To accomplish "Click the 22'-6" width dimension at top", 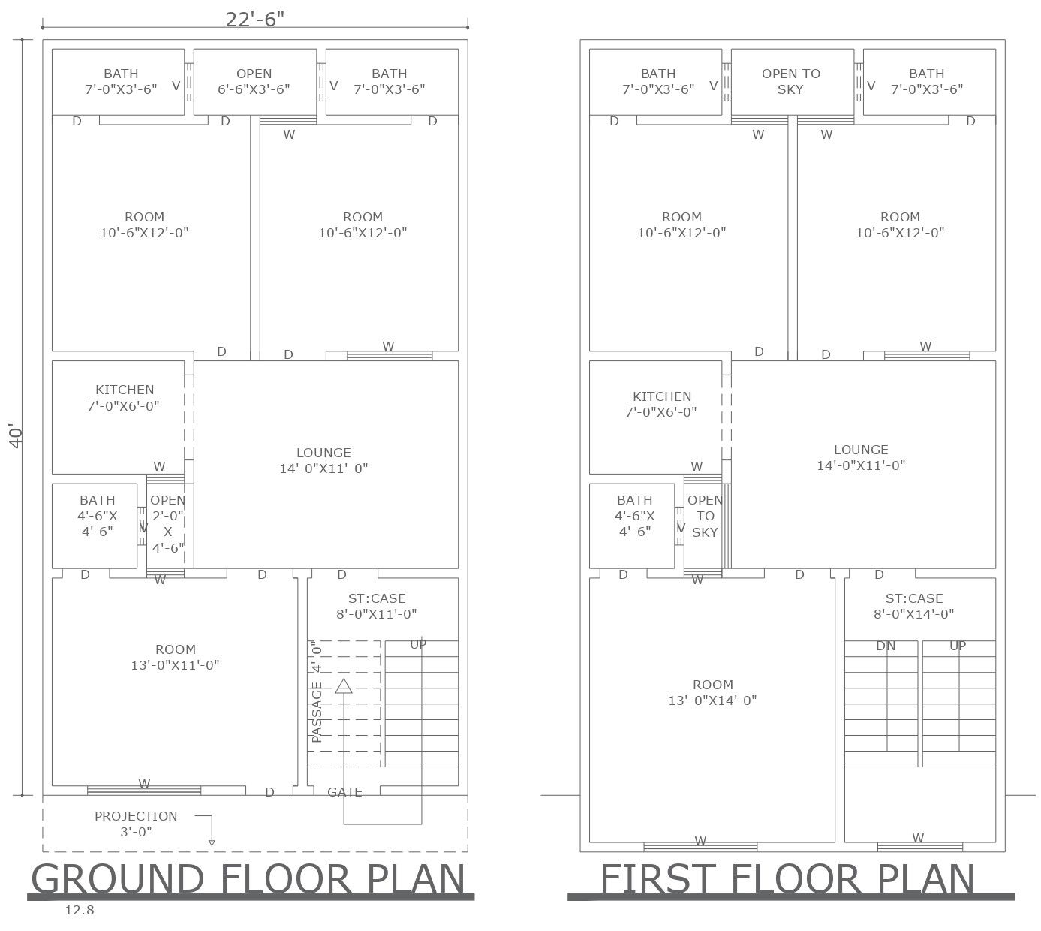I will click(255, 20).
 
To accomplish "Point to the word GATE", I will click(344, 792).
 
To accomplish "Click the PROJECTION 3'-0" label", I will click(136, 824).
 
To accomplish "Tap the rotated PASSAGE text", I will click(317, 712).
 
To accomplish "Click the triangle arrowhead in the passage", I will click(344, 685).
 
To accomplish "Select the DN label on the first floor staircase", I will click(886, 646).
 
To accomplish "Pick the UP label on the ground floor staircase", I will click(418, 644).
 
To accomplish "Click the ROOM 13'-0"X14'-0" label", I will click(712, 692).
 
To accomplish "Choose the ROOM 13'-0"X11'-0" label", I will click(175, 657).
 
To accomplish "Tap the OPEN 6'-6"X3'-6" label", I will click(254, 81).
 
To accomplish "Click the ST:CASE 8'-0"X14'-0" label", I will click(913, 606).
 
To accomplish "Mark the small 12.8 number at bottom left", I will click(79, 911).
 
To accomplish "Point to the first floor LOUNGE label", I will click(861, 457).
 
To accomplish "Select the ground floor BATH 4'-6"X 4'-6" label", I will click(98, 515).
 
